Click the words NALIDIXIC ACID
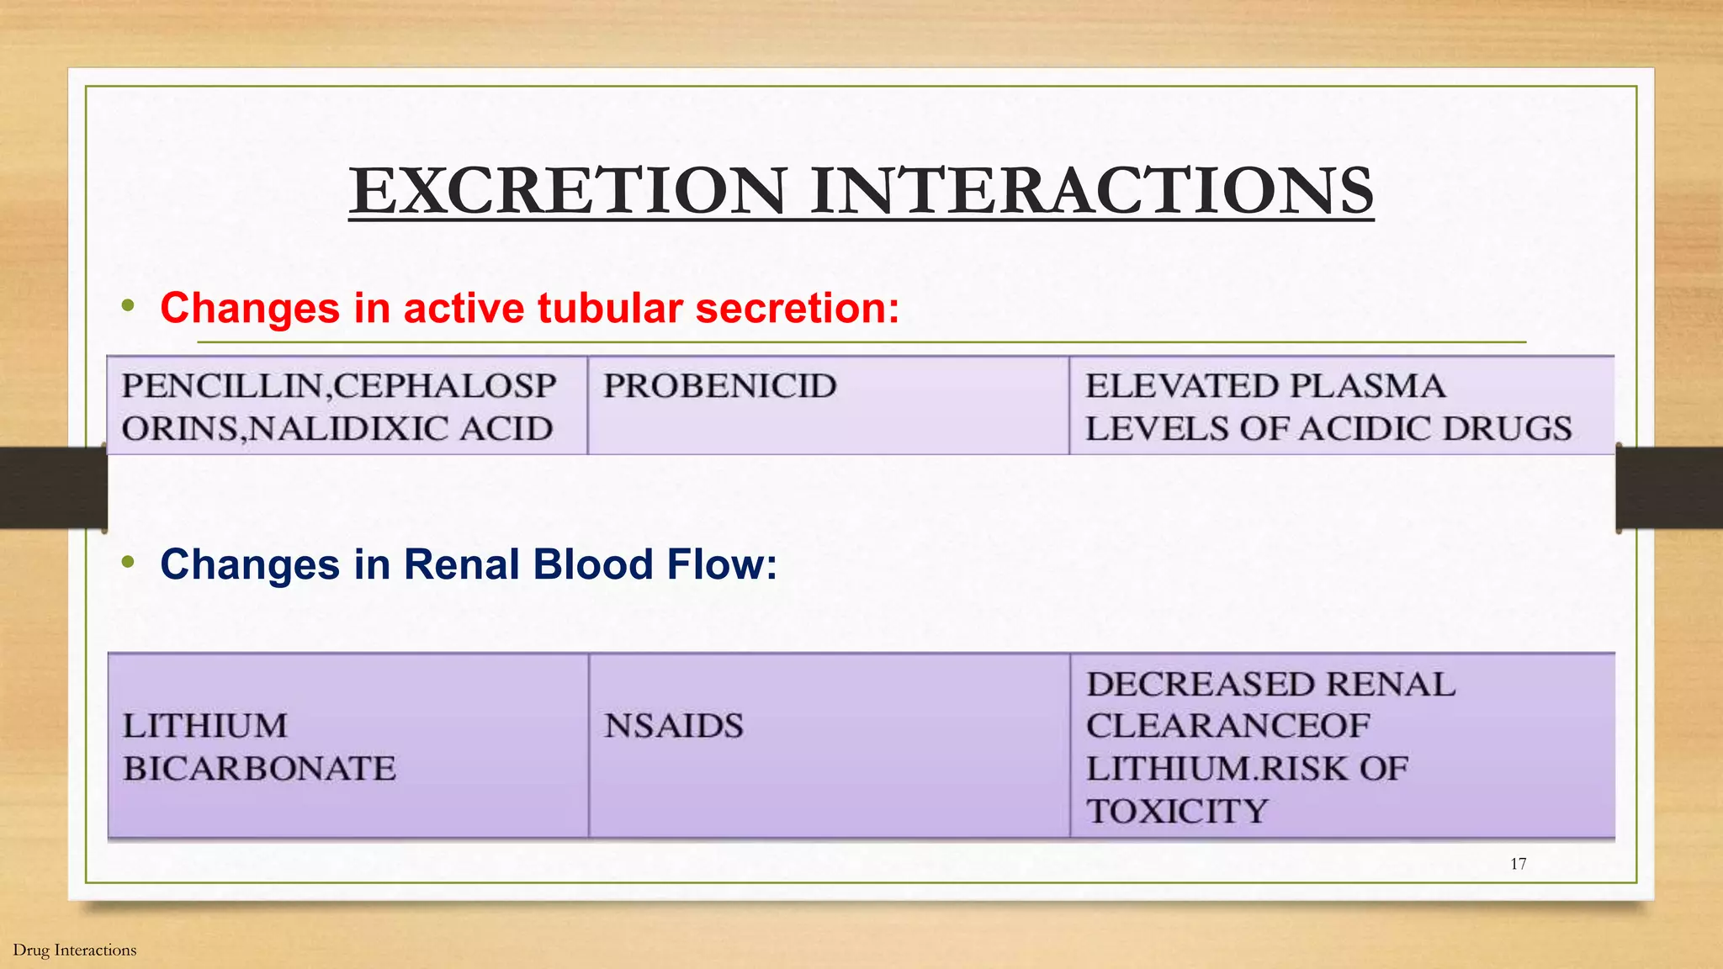coord(401,429)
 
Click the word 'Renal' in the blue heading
coord(462,564)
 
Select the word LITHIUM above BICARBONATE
coord(205,726)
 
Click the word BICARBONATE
coord(259,769)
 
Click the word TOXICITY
coord(1177,812)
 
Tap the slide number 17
coord(1518,864)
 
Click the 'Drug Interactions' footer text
coord(75,950)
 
